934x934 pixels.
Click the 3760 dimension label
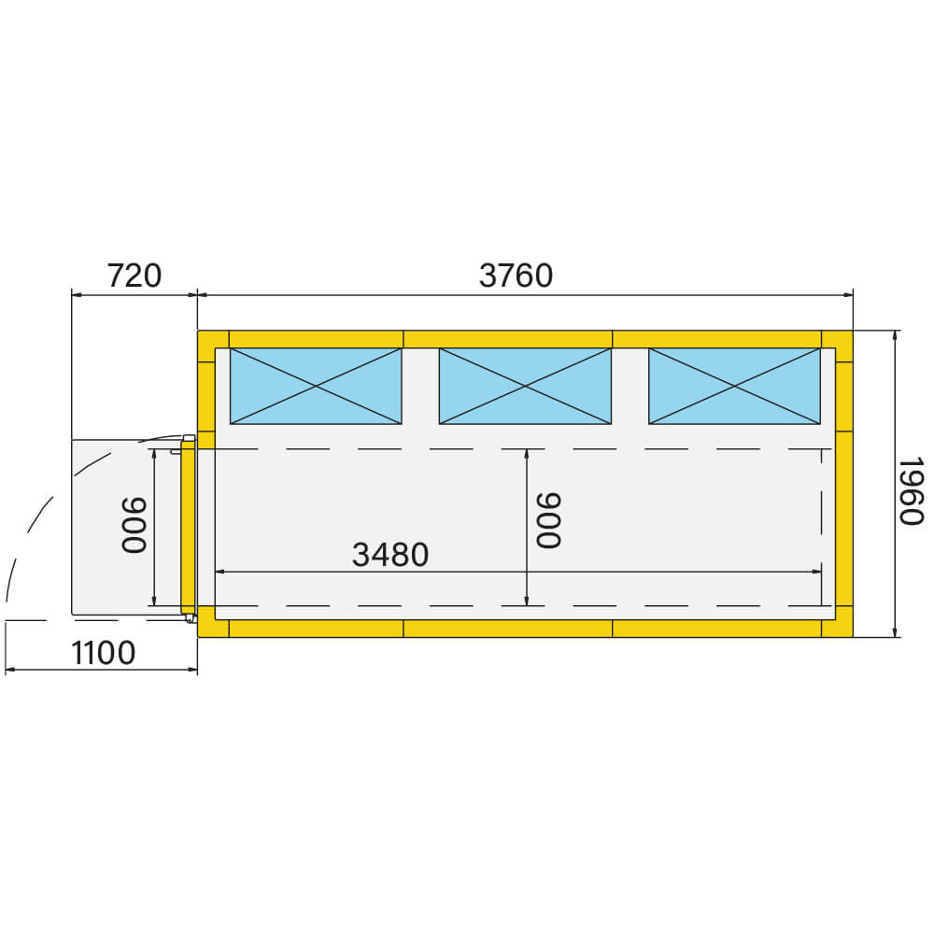point(516,276)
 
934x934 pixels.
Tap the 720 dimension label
point(134,276)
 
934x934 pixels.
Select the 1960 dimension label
point(911,491)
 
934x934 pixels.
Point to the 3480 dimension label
point(390,555)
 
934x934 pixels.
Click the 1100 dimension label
point(103,653)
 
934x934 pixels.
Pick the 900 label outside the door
point(134,525)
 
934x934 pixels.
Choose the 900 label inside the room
point(548,520)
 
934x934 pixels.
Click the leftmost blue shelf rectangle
point(316,386)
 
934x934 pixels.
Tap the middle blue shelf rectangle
point(525,386)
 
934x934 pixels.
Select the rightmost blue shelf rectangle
point(734,386)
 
